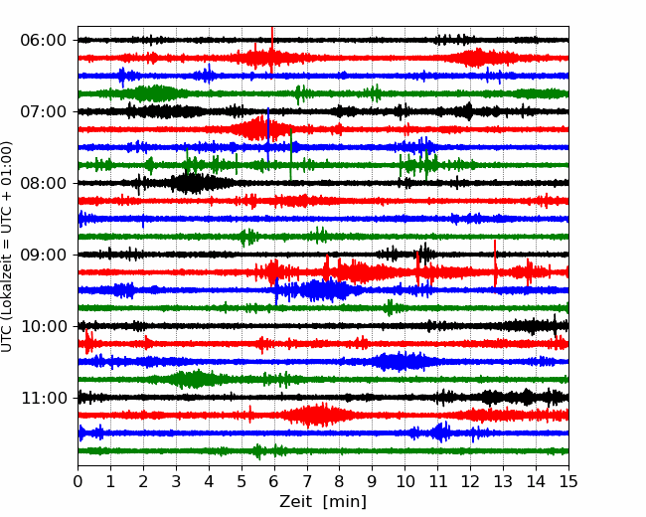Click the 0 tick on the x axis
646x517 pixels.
[x=78, y=481]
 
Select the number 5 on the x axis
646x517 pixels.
[x=242, y=481]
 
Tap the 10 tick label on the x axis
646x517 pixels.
[x=404, y=481]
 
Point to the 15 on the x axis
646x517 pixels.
[x=568, y=481]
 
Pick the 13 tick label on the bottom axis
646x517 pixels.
[x=503, y=481]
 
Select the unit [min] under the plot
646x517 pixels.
[x=345, y=502]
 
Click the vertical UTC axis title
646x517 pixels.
[x=6, y=247]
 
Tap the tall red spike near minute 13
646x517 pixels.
[x=495, y=263]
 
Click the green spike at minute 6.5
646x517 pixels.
[x=291, y=155]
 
